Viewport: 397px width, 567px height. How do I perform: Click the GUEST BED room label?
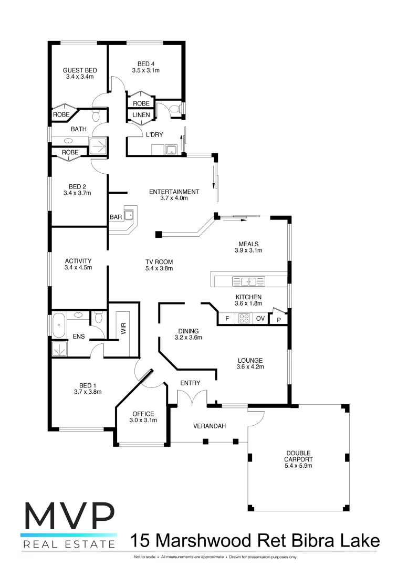coord(79,70)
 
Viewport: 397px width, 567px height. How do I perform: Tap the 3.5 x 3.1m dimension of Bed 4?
coord(145,70)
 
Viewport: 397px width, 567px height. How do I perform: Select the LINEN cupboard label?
coord(141,115)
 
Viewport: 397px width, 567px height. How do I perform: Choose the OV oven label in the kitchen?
coord(260,319)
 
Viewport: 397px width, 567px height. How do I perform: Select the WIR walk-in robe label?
coord(124,329)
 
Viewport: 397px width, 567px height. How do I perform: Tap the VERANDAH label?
coord(210,426)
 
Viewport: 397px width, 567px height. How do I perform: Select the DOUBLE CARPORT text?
coord(298,456)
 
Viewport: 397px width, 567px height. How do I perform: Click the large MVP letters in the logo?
coord(69,518)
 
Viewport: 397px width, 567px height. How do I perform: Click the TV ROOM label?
coord(159,261)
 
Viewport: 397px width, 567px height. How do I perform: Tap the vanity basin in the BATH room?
coord(68,141)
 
